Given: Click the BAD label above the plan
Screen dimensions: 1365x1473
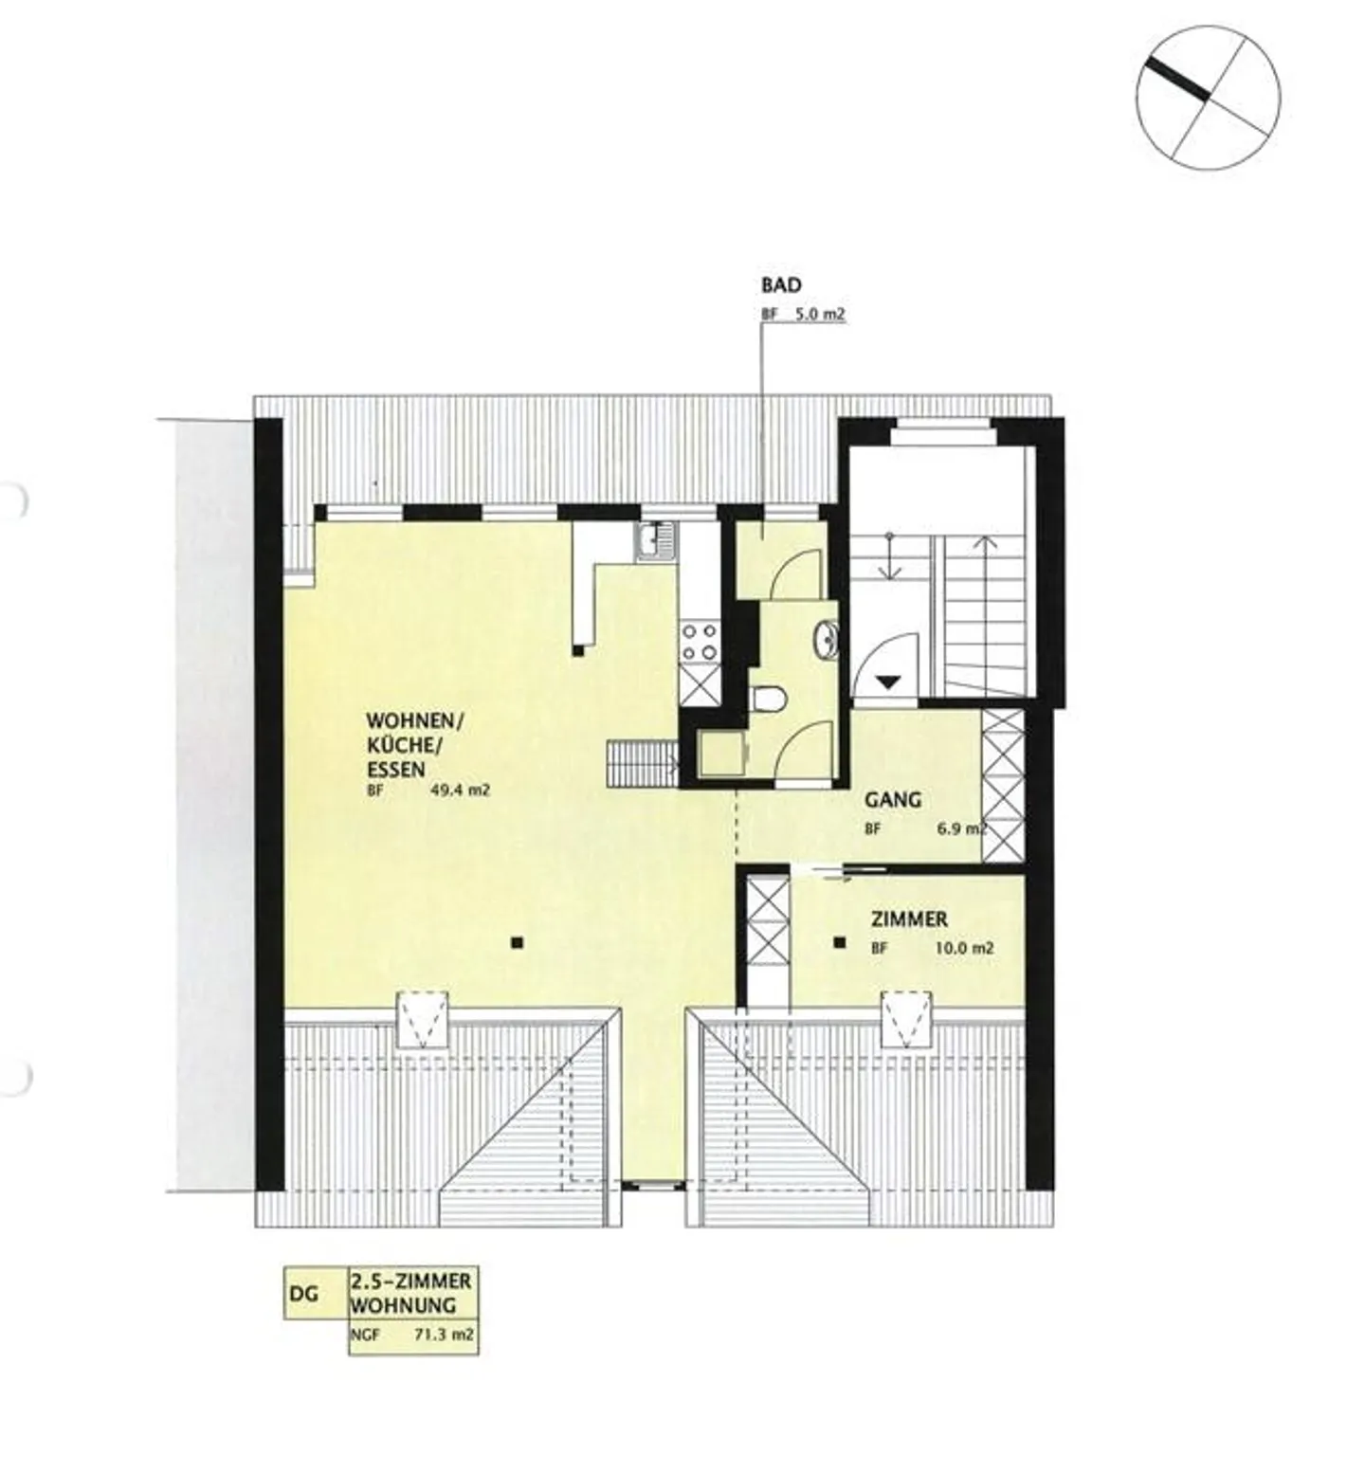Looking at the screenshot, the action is pyautogui.click(x=781, y=284).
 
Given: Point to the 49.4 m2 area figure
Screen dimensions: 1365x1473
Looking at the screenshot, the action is pyautogui.click(x=460, y=791).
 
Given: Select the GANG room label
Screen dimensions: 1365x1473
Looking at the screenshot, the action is pyautogui.click(x=892, y=800).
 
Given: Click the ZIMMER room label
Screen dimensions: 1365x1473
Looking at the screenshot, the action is pyautogui.click(x=909, y=918).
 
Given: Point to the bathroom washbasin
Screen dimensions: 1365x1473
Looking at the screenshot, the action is pyautogui.click(x=826, y=640).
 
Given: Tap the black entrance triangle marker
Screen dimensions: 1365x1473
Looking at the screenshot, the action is pyautogui.click(x=888, y=681).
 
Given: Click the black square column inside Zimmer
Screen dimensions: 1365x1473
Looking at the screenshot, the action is pyautogui.click(x=839, y=942).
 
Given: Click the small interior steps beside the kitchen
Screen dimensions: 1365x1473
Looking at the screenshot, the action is pyautogui.click(x=642, y=763).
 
